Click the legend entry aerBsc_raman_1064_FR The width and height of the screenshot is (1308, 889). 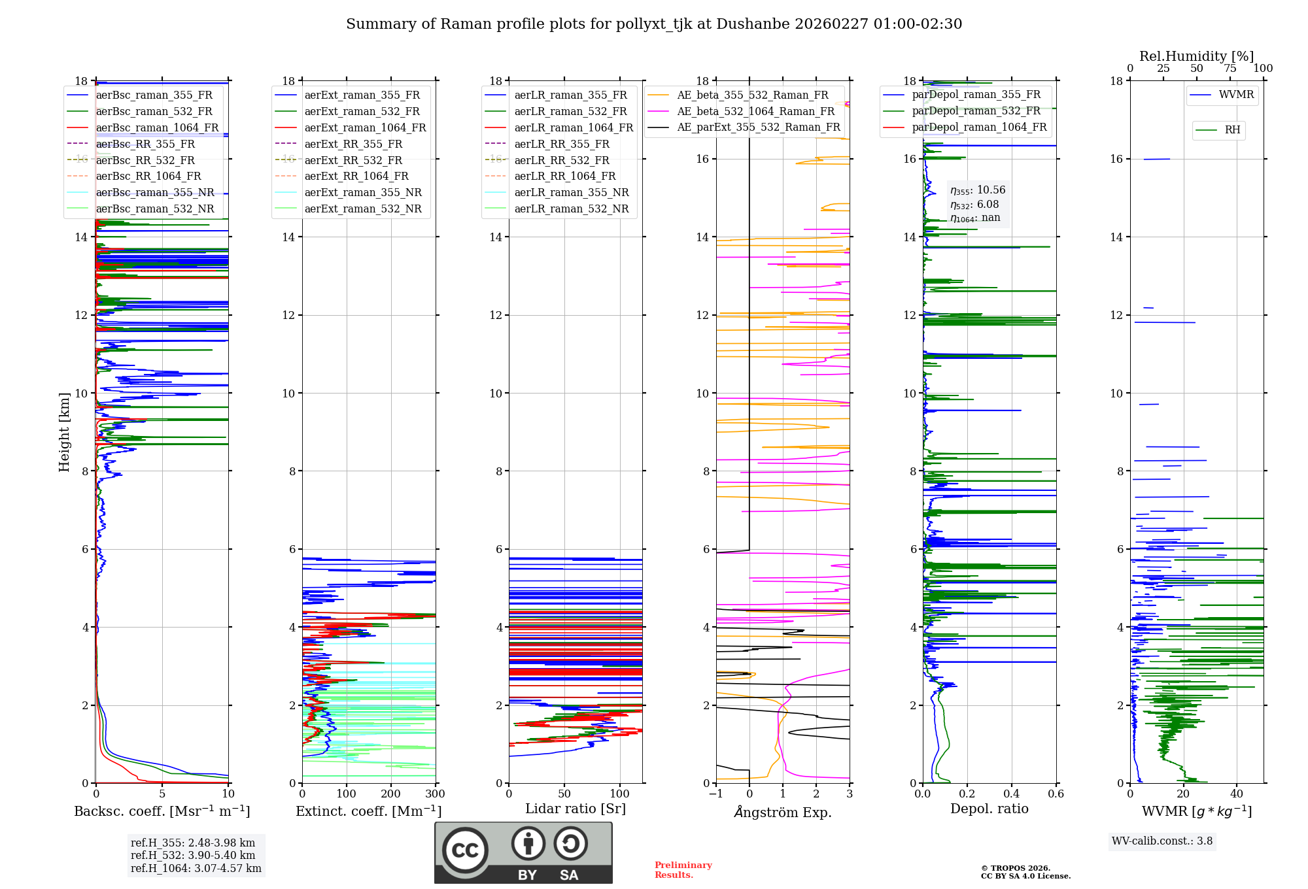click(157, 127)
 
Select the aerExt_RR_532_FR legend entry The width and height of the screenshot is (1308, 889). click(353, 160)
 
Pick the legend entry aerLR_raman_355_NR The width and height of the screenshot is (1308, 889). click(571, 192)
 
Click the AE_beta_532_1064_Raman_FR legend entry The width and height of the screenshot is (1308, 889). click(755, 111)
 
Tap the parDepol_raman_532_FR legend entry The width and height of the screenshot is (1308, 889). click(976, 110)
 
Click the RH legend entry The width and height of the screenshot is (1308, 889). click(1232, 130)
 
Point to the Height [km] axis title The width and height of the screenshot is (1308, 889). click(64, 432)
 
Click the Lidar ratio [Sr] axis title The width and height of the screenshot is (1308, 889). click(576, 809)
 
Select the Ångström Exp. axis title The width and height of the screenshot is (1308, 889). click(783, 812)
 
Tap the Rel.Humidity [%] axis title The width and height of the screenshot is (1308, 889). click(1196, 56)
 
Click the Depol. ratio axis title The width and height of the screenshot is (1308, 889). click(989, 809)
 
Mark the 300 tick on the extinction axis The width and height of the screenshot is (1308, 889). click(435, 794)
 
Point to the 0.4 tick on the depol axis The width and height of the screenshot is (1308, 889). click(1011, 794)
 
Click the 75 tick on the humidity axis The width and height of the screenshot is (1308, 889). click(1230, 69)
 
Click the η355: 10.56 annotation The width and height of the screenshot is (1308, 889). click(978, 190)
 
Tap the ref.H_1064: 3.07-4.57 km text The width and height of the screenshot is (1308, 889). click(196, 868)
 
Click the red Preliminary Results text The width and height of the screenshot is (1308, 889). click(683, 870)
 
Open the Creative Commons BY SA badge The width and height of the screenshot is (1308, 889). click(523, 852)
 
